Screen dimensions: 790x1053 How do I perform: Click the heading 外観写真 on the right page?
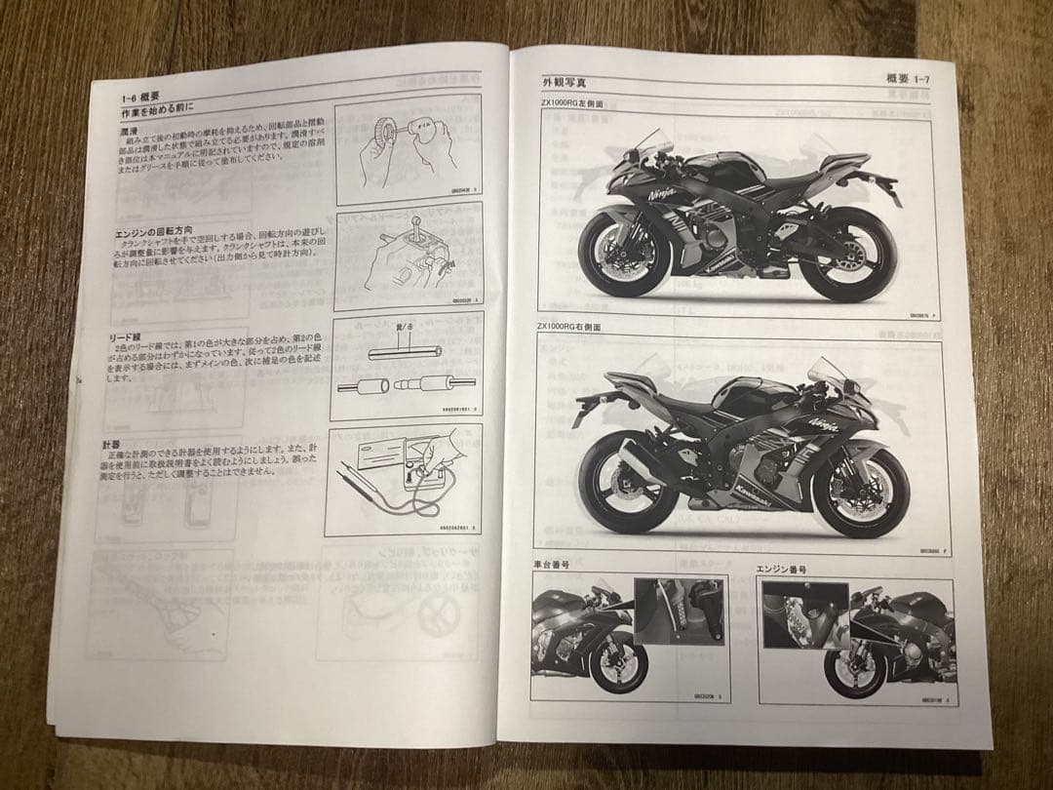coord(565,84)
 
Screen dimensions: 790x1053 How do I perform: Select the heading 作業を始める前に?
coord(157,112)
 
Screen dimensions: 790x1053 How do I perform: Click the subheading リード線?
coord(127,336)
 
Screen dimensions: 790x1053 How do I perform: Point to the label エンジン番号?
coord(781,568)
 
